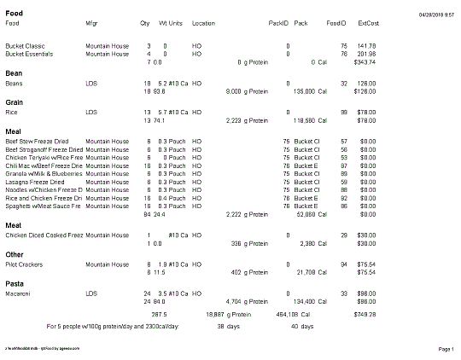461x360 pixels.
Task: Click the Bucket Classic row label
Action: [x=23, y=45]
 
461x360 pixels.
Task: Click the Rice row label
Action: [x=11, y=112]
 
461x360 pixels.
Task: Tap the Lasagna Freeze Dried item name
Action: [x=33, y=182]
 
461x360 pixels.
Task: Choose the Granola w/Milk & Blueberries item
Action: [x=43, y=173]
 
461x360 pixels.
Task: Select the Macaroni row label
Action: [x=19, y=293]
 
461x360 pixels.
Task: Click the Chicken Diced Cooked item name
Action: [x=43, y=235]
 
